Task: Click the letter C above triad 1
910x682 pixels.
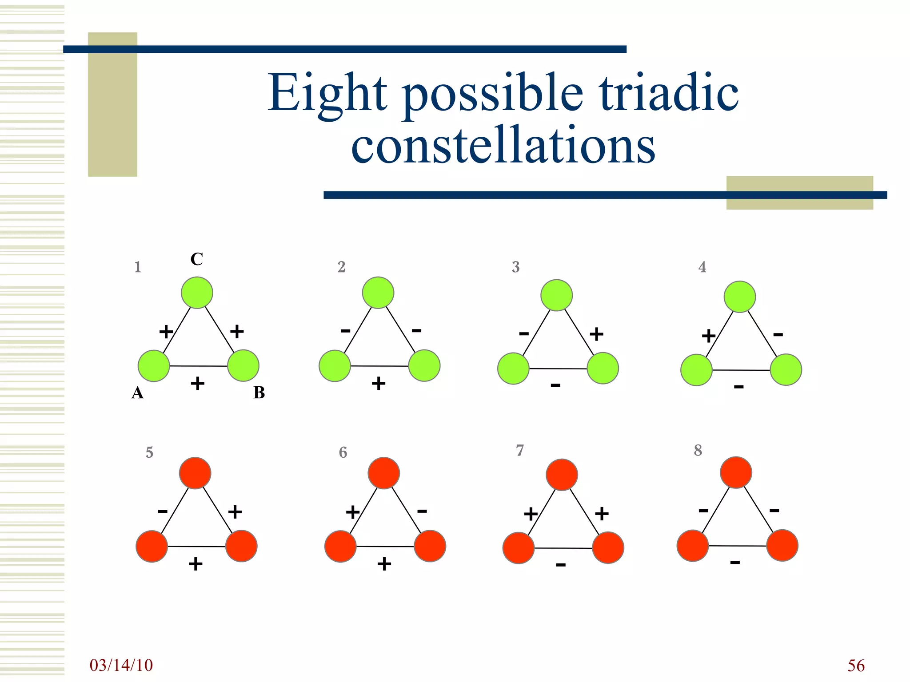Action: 196,259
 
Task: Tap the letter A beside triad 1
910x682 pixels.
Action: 137,393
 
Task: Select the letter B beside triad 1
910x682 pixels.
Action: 259,393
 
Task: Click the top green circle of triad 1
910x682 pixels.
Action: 197,293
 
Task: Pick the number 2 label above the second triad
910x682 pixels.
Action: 341,267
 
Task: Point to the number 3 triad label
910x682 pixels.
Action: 515,267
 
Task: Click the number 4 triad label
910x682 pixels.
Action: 702,267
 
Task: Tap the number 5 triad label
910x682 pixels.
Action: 149,452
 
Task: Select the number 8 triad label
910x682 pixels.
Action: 698,450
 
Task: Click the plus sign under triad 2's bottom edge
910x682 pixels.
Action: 379,383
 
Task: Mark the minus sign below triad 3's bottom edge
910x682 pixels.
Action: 555,385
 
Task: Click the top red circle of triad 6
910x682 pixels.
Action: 384,473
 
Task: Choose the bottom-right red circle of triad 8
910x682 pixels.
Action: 782,545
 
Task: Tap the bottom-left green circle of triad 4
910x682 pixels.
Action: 696,370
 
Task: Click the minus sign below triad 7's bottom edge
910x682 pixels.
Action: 561,565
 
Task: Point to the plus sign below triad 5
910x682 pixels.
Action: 196,564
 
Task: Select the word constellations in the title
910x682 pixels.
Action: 503,145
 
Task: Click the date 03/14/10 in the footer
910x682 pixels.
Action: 121,665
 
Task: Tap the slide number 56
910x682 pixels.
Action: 856,666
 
